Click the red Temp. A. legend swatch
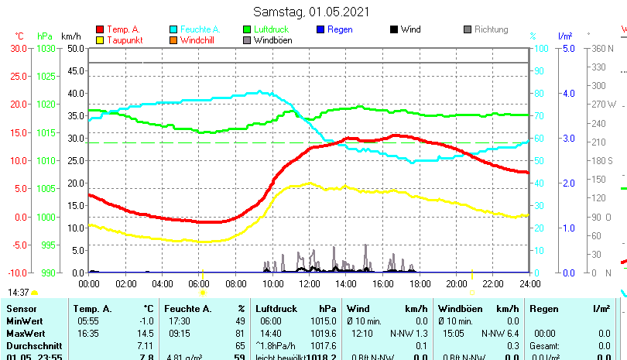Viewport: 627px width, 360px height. pos(100,29)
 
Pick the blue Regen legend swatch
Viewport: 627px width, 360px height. pos(321,29)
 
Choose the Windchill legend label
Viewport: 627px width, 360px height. pos(199,40)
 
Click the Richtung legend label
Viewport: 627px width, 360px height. pos(491,29)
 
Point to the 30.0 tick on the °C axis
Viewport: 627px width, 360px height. pos(18,48)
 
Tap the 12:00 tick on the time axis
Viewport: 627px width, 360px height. pos(309,283)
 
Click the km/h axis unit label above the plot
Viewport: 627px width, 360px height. pos(70,36)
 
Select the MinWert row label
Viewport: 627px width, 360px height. pos(24,321)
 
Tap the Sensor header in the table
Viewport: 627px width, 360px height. pos(22,309)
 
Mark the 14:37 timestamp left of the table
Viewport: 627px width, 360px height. pos(19,293)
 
